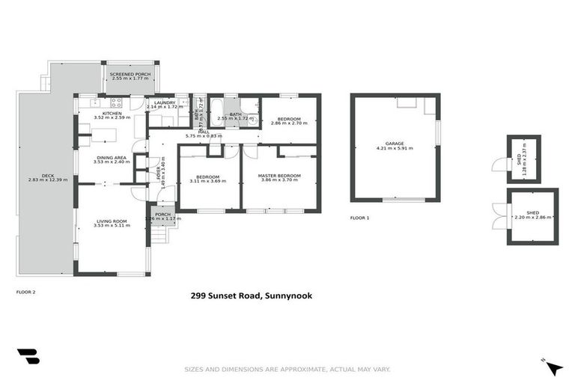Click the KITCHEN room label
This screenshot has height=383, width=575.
(112, 113)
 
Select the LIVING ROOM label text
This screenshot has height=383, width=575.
(112, 221)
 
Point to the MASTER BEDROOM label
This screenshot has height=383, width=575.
(279, 175)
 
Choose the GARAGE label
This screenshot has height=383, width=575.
(394, 143)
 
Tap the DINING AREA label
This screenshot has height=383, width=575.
(112, 157)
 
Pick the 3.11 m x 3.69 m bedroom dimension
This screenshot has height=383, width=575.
(207, 181)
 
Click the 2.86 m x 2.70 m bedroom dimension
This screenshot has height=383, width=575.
(288, 124)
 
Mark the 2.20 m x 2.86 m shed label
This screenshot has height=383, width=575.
(532, 217)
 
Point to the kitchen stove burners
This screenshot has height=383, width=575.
(116, 102)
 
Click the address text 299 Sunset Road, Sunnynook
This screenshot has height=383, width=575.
(251, 296)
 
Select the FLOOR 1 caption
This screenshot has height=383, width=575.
(359, 218)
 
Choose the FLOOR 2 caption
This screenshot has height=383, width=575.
(26, 292)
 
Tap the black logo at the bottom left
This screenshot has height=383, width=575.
(28, 357)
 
